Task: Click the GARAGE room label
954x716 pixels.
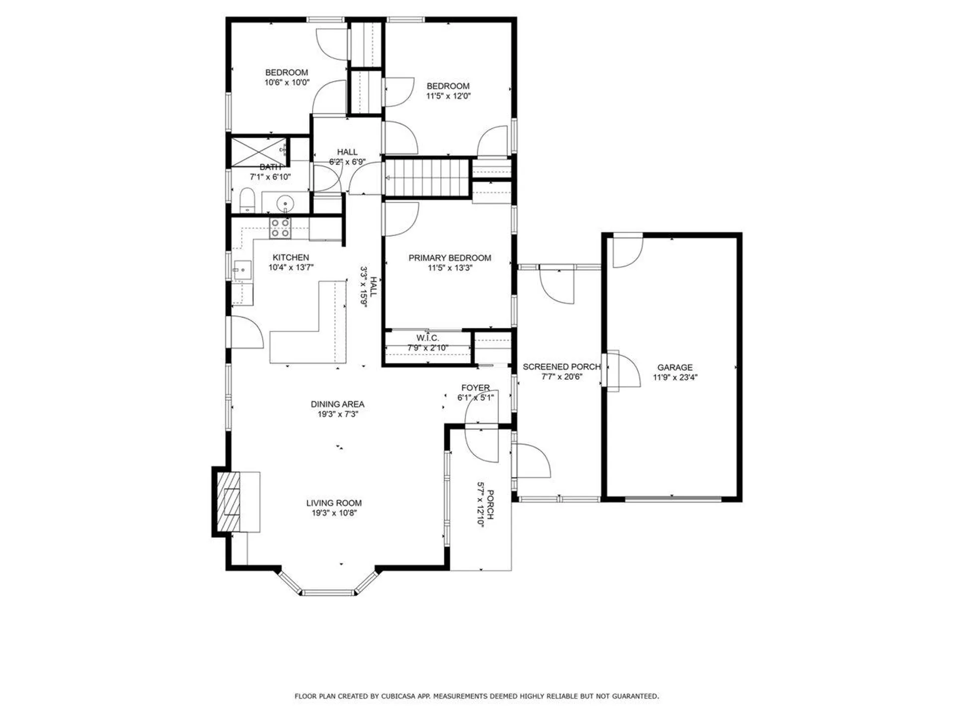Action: point(674,367)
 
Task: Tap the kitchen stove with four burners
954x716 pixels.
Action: point(280,228)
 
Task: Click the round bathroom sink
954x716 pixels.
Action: point(285,203)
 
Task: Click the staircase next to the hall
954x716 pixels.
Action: point(427,178)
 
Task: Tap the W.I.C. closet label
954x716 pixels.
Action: point(427,338)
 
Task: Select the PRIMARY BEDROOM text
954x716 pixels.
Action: point(450,258)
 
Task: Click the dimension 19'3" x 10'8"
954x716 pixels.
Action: point(334,513)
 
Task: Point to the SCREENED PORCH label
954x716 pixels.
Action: point(561,367)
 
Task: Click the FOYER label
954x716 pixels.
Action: point(475,388)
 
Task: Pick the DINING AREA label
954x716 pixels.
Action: point(337,404)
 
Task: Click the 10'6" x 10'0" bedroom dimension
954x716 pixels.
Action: point(287,83)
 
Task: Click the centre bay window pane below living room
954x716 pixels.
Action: point(328,592)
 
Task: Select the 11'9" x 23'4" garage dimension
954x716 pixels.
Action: point(675,377)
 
